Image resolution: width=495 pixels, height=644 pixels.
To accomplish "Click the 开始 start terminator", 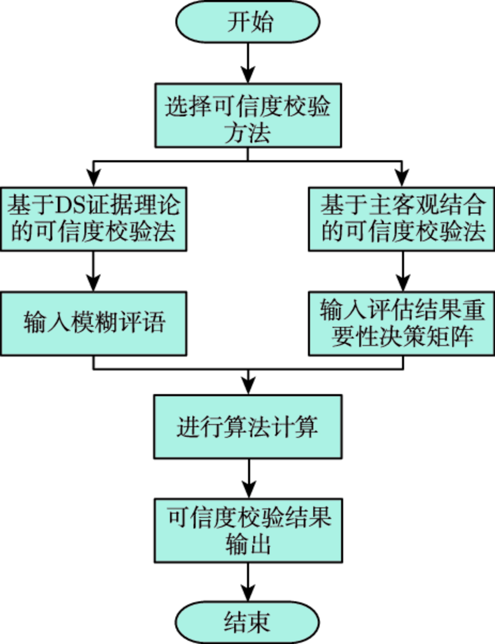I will point(247,22).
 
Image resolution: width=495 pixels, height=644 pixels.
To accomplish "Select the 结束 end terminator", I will point(247,622).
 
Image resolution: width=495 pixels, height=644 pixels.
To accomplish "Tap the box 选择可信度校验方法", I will point(248,115).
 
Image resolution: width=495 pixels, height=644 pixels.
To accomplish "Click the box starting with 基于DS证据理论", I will point(93,219).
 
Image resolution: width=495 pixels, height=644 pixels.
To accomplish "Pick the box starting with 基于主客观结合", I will point(402,219).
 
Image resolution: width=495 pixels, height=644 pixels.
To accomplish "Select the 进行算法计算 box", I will point(248,427).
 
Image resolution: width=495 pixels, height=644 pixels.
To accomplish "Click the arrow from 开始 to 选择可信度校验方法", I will point(248,63).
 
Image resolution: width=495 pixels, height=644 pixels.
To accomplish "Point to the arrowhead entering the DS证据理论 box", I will point(93,178).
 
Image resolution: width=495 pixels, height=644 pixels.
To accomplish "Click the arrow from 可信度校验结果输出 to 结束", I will point(248,582).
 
